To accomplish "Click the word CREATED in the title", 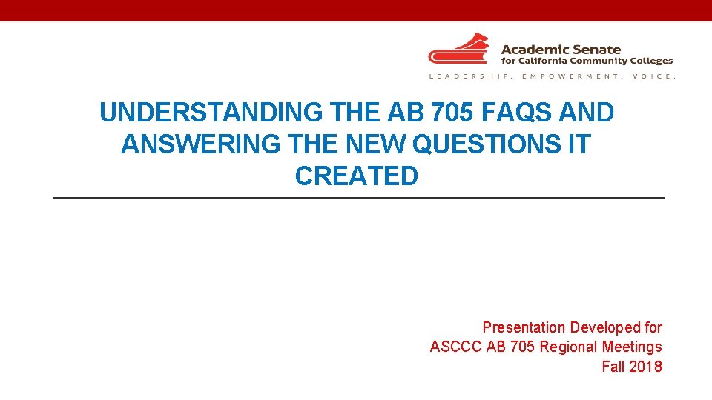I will [x=357, y=176].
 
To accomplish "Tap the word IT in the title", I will [x=578, y=144].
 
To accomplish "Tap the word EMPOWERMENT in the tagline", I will [x=570, y=76].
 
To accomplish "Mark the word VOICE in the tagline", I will [x=653, y=76].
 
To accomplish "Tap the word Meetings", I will [x=632, y=347].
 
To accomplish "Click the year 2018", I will [x=646, y=366].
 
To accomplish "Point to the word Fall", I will [x=613, y=366].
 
